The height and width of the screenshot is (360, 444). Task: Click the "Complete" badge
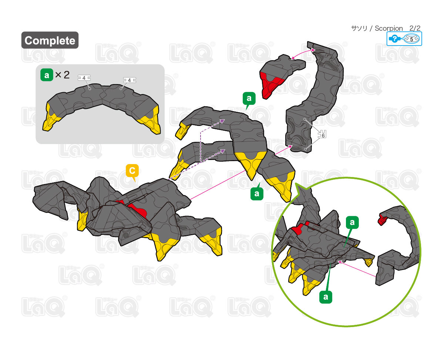tap(50, 40)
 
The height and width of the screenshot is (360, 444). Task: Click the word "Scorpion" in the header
tap(388, 28)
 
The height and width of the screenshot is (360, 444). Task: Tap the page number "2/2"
tap(415, 28)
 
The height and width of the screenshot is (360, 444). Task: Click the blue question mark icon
tap(394, 39)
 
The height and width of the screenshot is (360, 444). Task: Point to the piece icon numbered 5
tap(411, 39)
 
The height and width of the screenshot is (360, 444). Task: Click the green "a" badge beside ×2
tap(46, 75)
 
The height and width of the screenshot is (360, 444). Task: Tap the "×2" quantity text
tap(62, 75)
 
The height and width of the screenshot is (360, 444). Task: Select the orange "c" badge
tap(132, 171)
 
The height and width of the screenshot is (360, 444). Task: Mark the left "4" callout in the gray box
tap(84, 78)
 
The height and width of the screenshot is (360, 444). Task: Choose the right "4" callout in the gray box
tap(129, 80)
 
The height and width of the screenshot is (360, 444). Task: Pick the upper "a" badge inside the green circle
tap(352, 222)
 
